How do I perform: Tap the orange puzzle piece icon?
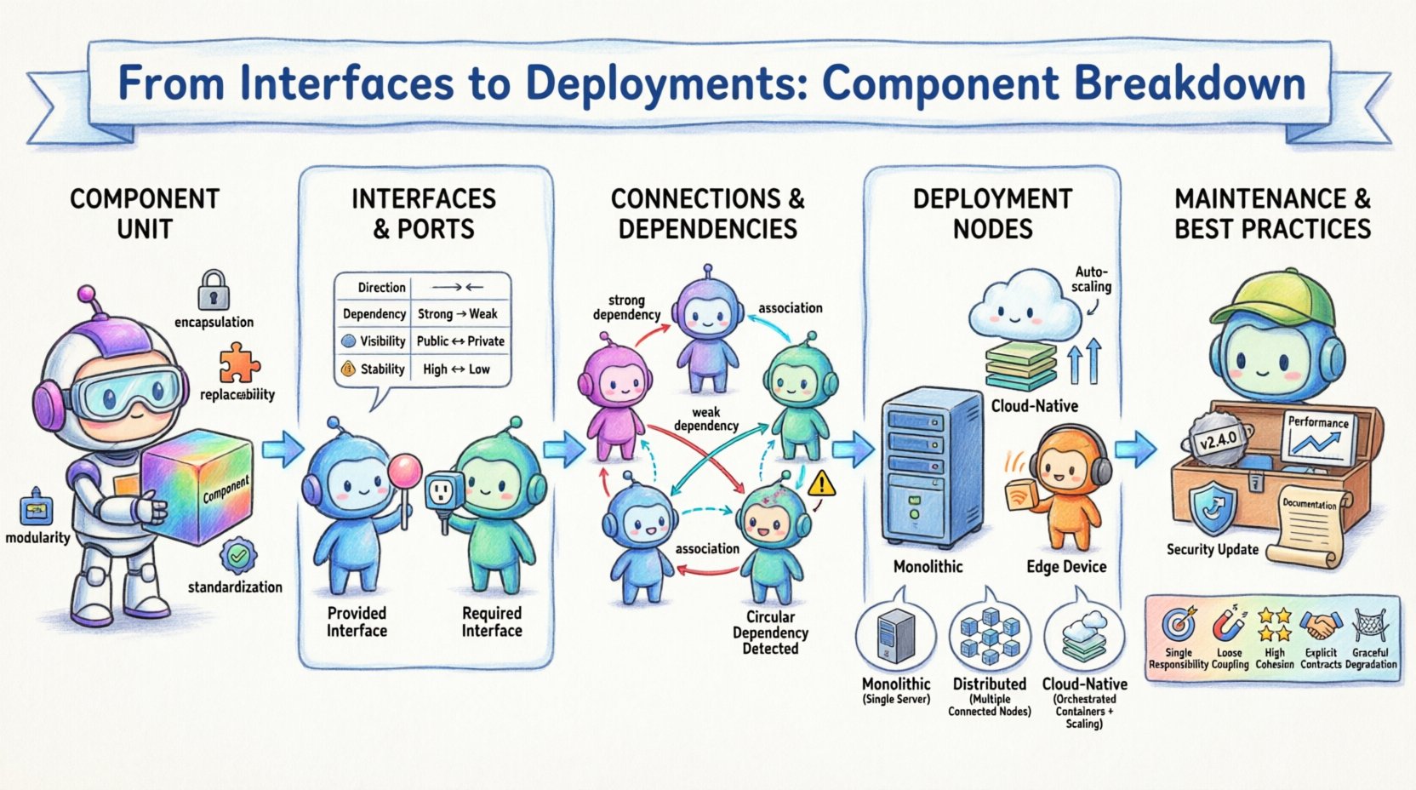[238, 364]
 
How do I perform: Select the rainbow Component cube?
[197, 486]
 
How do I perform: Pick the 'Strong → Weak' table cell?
[458, 314]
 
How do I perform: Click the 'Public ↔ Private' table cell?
[460, 341]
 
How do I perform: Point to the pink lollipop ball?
[405, 470]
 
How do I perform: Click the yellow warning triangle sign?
[821, 484]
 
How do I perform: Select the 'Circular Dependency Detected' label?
[770, 633]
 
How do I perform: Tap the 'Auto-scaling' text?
[1091, 279]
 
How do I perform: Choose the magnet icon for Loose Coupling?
[1229, 626]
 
